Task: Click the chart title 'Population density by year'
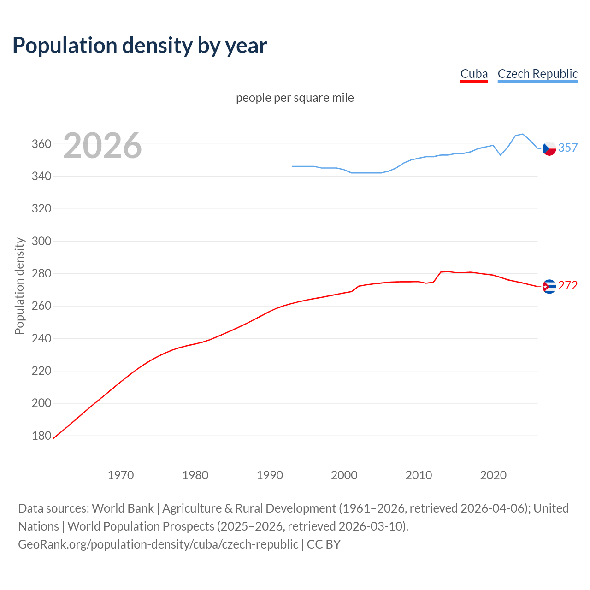click(x=140, y=46)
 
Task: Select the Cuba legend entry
click(x=474, y=74)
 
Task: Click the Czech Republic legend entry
click(x=537, y=74)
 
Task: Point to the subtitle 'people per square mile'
click(x=295, y=98)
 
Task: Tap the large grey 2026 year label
click(x=102, y=146)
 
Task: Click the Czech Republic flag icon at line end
click(x=549, y=148)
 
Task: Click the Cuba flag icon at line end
click(x=549, y=286)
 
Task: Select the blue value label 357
click(x=568, y=147)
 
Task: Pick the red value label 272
click(x=568, y=286)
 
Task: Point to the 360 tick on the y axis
click(x=41, y=144)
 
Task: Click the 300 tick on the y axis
click(x=41, y=242)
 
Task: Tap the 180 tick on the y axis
click(x=41, y=436)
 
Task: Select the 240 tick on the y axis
click(x=41, y=339)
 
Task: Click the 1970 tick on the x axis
click(x=121, y=475)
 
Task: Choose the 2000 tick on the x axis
click(x=344, y=475)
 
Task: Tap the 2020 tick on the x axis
click(x=493, y=475)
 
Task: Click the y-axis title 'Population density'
click(x=19, y=286)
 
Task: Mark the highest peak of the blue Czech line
click(x=522, y=134)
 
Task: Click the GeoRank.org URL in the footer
click(x=158, y=544)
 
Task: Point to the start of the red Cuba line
click(x=54, y=438)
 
